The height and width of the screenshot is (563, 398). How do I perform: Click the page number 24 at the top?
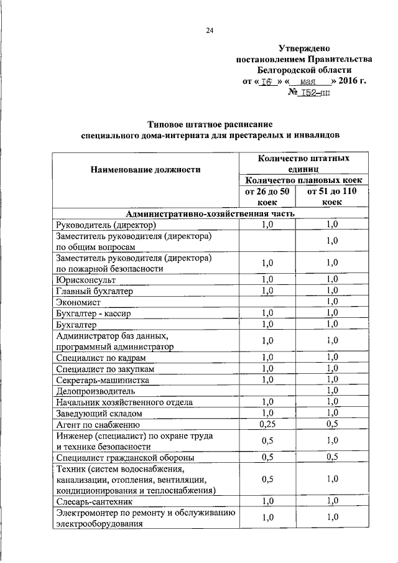(210, 30)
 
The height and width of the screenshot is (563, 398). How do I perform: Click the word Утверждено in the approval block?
(303, 48)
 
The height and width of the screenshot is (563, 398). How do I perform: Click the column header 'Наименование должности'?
(146, 169)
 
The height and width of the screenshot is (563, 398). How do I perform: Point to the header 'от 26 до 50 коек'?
(267, 197)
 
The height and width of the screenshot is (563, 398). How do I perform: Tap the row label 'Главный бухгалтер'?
(94, 291)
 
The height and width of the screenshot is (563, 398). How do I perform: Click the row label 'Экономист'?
(78, 302)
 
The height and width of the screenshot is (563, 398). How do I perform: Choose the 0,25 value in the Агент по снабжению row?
(267, 425)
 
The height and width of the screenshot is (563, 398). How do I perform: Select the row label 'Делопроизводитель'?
(95, 391)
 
